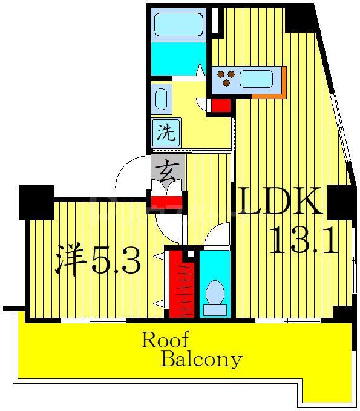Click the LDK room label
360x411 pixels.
(x=280, y=202)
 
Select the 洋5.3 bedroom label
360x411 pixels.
(x=98, y=260)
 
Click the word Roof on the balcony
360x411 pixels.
(x=165, y=340)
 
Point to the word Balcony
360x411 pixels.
(x=201, y=360)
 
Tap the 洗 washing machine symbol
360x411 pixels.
(x=165, y=133)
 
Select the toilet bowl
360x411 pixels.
(x=215, y=293)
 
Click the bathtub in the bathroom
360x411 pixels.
(x=178, y=25)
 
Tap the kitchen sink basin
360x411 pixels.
(x=257, y=79)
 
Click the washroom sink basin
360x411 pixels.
(x=162, y=99)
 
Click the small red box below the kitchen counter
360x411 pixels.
(x=221, y=105)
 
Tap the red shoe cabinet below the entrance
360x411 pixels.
(x=165, y=202)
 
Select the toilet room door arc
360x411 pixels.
(x=217, y=236)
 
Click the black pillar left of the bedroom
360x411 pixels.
(x=36, y=202)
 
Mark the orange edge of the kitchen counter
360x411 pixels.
(x=269, y=94)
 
